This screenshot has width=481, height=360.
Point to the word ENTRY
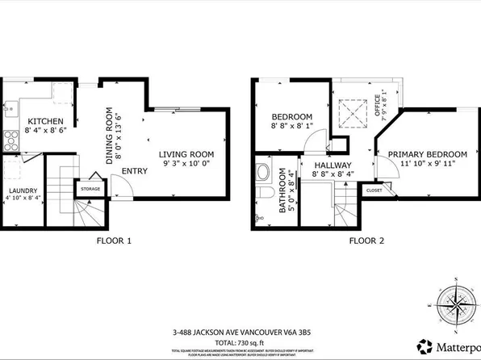pos(134,171)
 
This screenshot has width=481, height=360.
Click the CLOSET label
pos(374,191)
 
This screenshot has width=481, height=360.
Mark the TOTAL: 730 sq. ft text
pos(240,342)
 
